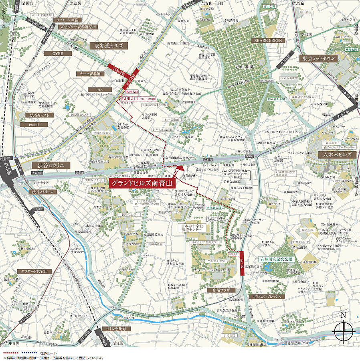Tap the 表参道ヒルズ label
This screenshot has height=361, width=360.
coord(108,46)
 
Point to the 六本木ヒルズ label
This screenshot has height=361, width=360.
coord(337,154)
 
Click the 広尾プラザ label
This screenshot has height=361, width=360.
coord(218,290)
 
